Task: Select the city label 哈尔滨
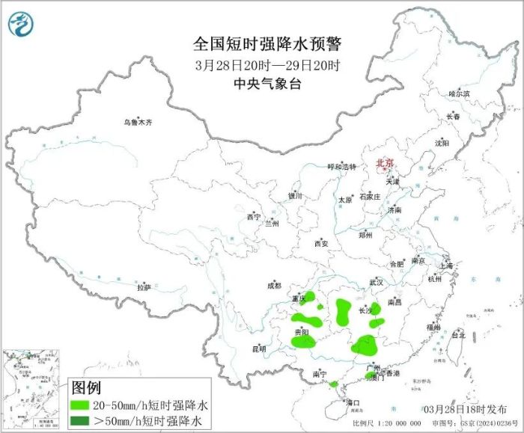pyautogui.click(x=459, y=94)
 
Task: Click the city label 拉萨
pyautogui.click(x=144, y=287)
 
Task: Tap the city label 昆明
pyautogui.click(x=259, y=348)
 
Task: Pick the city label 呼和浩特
pyautogui.click(x=344, y=166)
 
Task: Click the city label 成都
pyautogui.click(x=273, y=285)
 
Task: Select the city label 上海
pyautogui.click(x=446, y=265)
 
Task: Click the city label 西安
pyautogui.click(x=321, y=244)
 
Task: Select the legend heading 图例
pyautogui.click(x=86, y=387)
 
